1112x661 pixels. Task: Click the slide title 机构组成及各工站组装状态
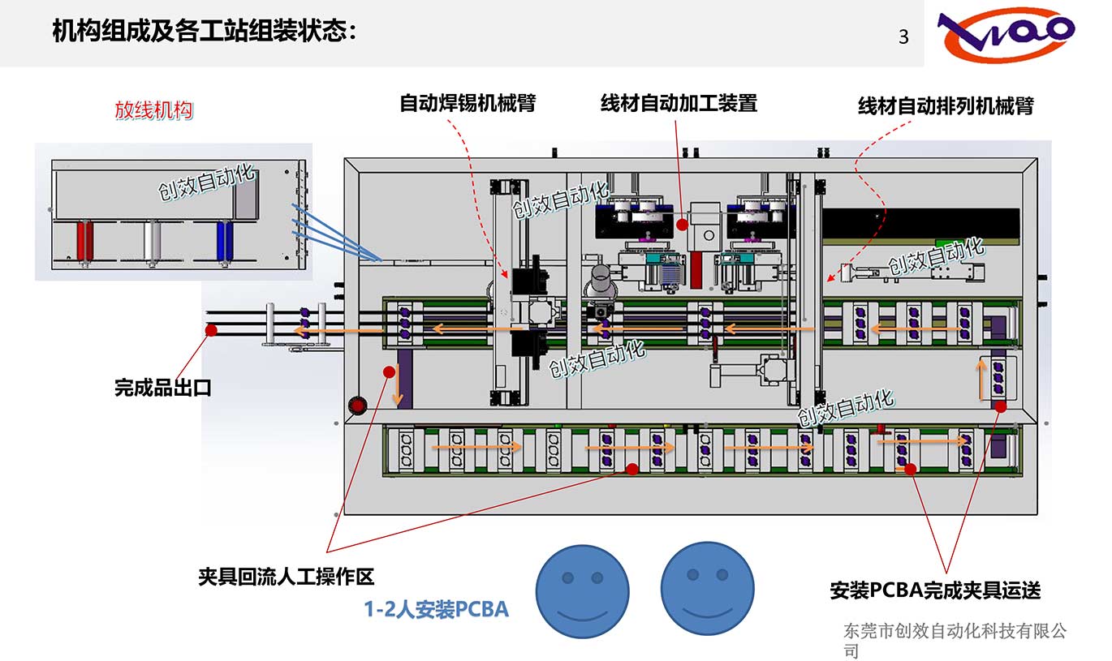coord(204,32)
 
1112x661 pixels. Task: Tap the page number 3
coord(903,37)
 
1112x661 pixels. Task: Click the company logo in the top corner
coord(1006,35)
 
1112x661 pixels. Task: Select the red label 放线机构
coord(154,110)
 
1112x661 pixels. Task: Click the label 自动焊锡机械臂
coord(468,104)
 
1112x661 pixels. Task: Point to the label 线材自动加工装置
coord(679,104)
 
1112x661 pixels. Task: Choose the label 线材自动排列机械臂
coord(946,106)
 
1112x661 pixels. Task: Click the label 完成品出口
coord(163,388)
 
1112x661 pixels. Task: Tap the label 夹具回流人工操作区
coord(287,577)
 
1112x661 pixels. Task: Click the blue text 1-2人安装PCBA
coord(436,609)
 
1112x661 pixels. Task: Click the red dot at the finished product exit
coord(211,330)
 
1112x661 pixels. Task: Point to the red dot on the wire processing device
coord(683,223)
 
